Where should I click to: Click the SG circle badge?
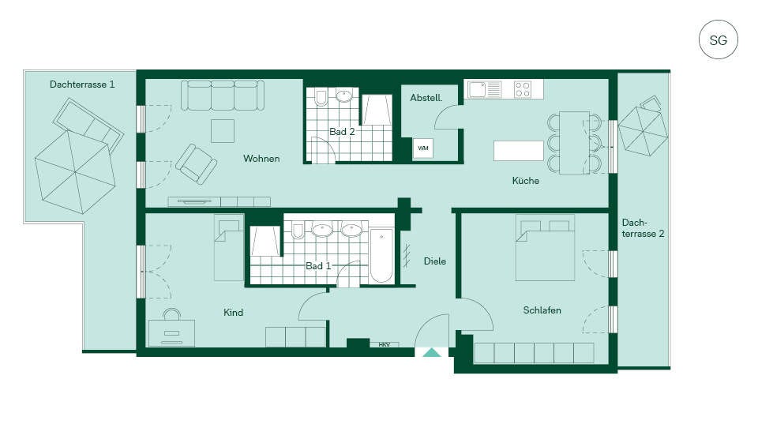point(718,39)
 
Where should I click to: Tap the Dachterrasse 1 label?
point(82,84)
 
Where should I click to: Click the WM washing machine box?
point(423,148)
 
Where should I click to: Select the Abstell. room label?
point(426,98)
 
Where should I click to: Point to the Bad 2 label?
point(342,132)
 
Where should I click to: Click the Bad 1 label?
point(318,266)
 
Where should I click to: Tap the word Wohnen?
point(261,159)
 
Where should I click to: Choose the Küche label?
point(526,180)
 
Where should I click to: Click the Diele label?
point(434,261)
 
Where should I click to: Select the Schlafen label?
point(542,310)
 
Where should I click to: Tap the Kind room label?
point(233,313)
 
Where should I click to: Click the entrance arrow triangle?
point(432,352)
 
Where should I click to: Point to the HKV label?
point(385,345)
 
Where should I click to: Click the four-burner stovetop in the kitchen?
point(523,89)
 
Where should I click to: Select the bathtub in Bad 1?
point(381,255)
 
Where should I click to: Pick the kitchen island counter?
point(518,150)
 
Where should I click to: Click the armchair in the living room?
point(197,164)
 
